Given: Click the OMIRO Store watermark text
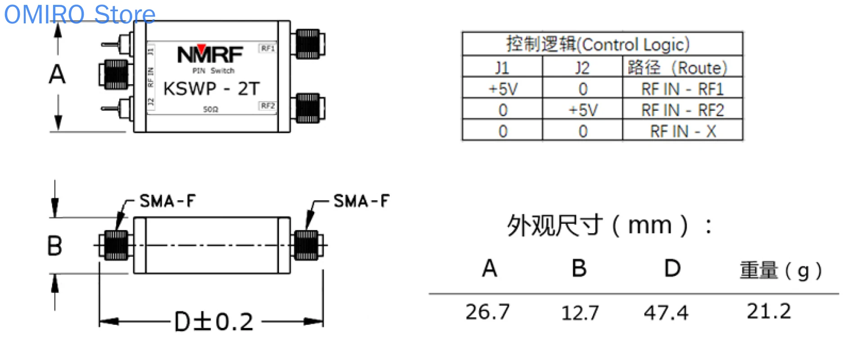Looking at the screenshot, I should coord(80,14).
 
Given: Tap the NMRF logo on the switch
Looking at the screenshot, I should coord(210,54).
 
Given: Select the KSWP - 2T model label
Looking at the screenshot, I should coord(212,89).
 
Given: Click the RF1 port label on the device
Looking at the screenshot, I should coord(267,48).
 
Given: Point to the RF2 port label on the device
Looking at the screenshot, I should coord(267,106).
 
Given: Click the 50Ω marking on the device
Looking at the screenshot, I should coord(210,109).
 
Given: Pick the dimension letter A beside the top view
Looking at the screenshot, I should coord(57,74).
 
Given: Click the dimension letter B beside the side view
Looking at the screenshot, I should coord(54,246).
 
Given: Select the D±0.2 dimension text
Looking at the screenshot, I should coord(214,322).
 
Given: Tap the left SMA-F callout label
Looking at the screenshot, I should coord(167,201).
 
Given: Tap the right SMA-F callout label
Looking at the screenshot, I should coord(361,201).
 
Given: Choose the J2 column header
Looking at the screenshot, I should coord(582,67).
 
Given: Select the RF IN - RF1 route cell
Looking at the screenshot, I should coord(682,89).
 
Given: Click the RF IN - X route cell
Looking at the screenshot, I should coord(682,131).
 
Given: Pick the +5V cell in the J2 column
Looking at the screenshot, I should coord(582,110).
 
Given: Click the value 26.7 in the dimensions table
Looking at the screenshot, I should coord(487,312).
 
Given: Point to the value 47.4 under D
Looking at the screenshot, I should coord(666,313).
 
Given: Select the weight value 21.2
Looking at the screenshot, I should coord(769,311).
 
